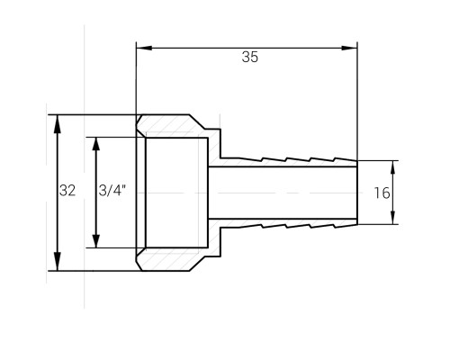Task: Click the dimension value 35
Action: tap(250, 57)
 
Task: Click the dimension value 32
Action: tap(67, 191)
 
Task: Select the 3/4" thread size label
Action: tap(112, 190)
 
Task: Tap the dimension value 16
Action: tap(382, 193)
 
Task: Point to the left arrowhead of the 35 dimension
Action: tap(144, 48)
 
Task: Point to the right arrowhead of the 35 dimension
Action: tap(349, 48)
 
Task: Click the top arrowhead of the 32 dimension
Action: tap(57, 124)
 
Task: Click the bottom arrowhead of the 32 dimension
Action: tap(57, 262)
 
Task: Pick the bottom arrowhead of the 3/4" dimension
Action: tap(96, 241)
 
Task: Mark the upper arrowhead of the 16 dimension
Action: tap(393, 167)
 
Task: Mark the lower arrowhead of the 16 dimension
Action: tap(393, 218)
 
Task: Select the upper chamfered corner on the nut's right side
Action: tap(197, 122)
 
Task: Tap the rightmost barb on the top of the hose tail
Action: tap(346, 159)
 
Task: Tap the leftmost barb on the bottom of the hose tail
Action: tap(250, 226)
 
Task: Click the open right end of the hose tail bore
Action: tap(357, 193)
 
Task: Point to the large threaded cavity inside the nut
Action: tap(176, 193)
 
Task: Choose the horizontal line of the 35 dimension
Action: tap(247, 48)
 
